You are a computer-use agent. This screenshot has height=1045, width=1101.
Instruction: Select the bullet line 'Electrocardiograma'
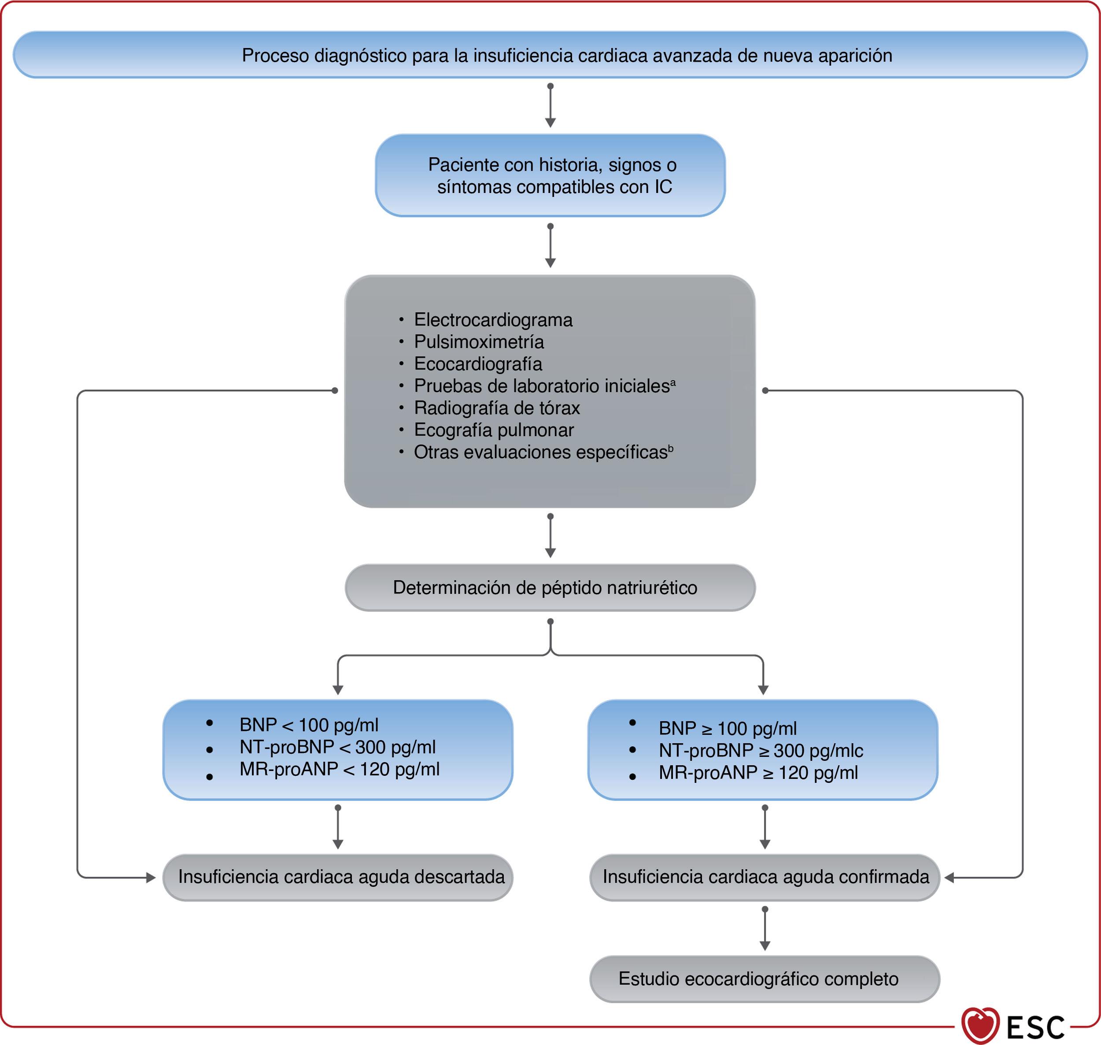(x=493, y=320)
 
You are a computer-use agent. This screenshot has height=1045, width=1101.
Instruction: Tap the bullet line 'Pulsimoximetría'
(x=478, y=341)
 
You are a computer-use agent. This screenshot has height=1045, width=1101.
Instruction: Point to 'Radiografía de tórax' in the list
(x=497, y=408)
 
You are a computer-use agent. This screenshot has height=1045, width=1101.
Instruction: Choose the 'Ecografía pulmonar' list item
(x=493, y=430)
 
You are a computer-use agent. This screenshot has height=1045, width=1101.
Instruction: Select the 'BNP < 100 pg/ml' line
(x=309, y=725)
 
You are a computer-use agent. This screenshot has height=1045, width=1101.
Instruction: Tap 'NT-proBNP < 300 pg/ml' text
(x=337, y=747)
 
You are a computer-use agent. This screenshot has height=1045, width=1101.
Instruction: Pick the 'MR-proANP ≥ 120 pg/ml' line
(x=758, y=773)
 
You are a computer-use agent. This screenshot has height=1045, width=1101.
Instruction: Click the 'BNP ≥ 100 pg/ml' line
(x=727, y=728)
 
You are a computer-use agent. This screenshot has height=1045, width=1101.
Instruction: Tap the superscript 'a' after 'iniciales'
(x=673, y=382)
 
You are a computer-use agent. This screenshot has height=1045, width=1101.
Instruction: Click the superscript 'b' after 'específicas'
(x=671, y=448)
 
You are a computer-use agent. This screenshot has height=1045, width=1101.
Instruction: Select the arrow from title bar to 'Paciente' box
(x=550, y=106)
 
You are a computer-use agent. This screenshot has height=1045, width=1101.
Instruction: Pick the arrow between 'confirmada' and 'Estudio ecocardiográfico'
(x=765, y=929)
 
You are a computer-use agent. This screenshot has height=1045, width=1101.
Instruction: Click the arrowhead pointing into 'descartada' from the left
(x=150, y=878)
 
